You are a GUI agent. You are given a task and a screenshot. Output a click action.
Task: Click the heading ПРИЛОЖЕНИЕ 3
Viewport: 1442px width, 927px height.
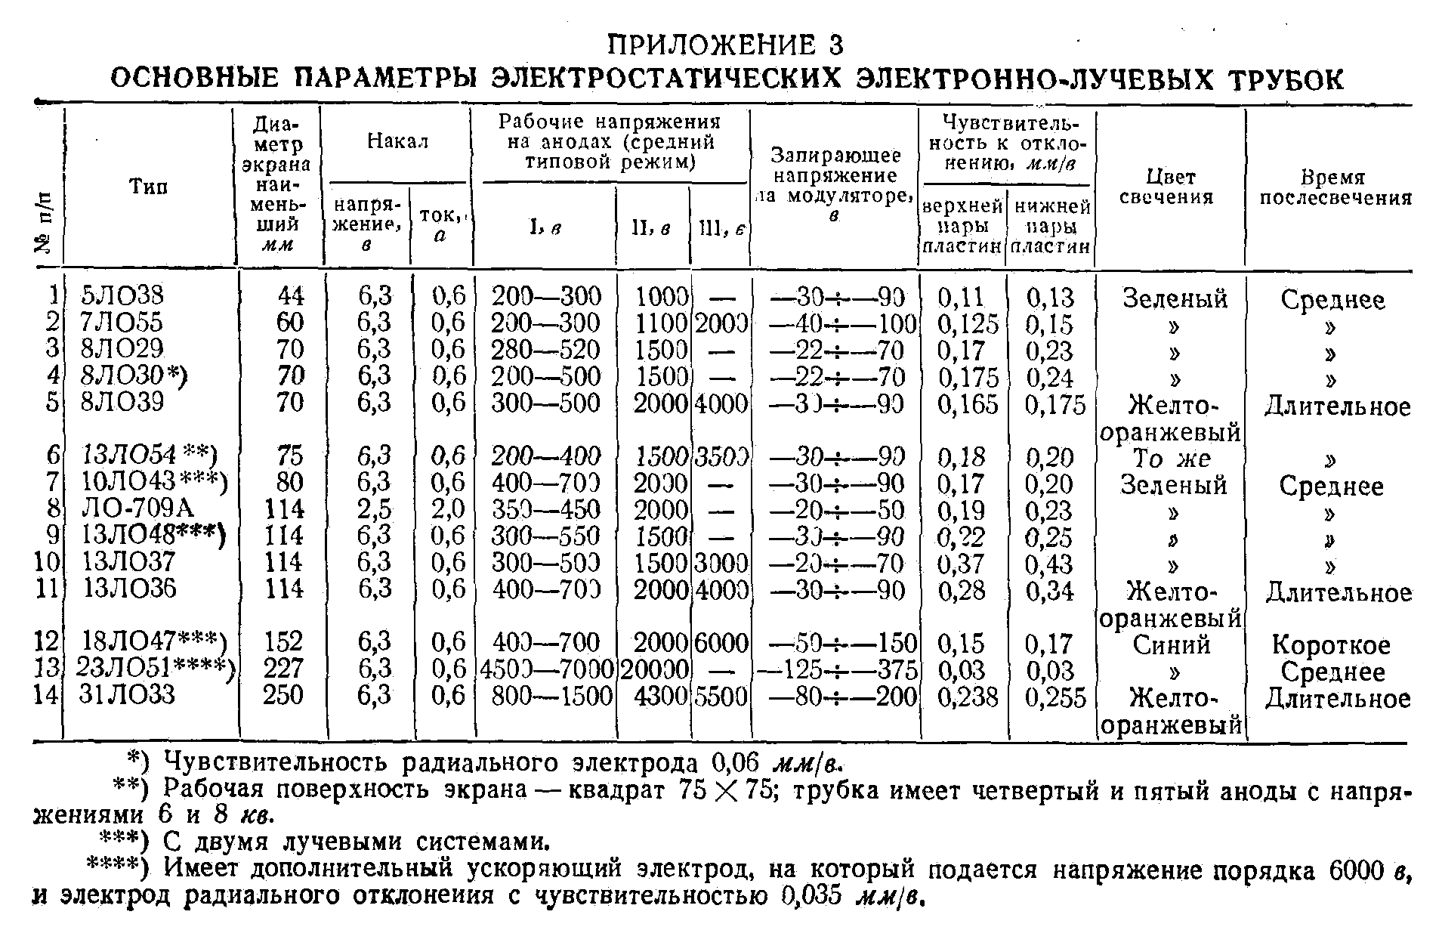[x=724, y=45]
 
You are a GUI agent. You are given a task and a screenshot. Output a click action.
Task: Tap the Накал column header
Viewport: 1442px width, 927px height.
[x=397, y=141]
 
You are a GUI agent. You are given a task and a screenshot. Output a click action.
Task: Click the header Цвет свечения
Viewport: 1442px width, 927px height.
[x=1168, y=187]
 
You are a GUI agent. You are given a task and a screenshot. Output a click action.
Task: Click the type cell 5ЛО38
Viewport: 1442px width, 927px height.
[x=121, y=296]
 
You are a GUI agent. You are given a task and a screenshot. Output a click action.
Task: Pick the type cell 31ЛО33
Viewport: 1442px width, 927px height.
[x=127, y=695]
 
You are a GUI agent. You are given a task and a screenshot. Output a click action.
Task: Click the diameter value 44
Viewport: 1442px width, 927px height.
[x=290, y=296]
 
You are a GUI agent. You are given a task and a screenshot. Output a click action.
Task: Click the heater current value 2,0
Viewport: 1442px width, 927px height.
[x=449, y=509]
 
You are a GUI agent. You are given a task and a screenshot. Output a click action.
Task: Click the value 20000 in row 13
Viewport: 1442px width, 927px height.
[x=654, y=669]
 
